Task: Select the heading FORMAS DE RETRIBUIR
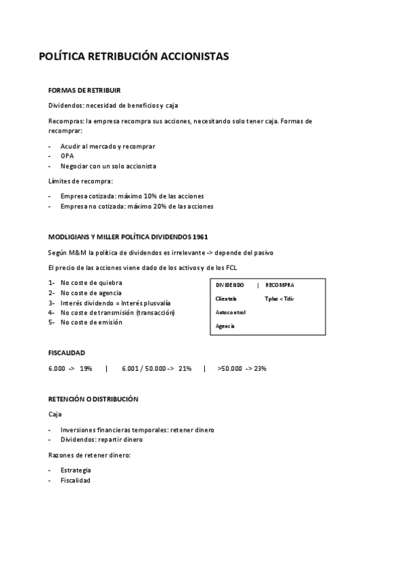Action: coord(85,90)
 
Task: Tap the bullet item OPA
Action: coord(67,156)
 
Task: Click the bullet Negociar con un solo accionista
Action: coord(108,166)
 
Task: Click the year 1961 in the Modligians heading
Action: coord(200,236)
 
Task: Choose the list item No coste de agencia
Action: coord(92,292)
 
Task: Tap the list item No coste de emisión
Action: coord(91,322)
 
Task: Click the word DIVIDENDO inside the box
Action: coord(230,285)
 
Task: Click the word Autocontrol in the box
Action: coord(231,312)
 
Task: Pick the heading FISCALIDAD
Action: coord(67,353)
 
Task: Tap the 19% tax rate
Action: coord(86,368)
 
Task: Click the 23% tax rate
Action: coord(260,368)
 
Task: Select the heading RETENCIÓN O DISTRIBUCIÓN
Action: coord(93,399)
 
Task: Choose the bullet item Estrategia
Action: coord(76,470)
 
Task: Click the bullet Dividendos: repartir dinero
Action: coord(101,439)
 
